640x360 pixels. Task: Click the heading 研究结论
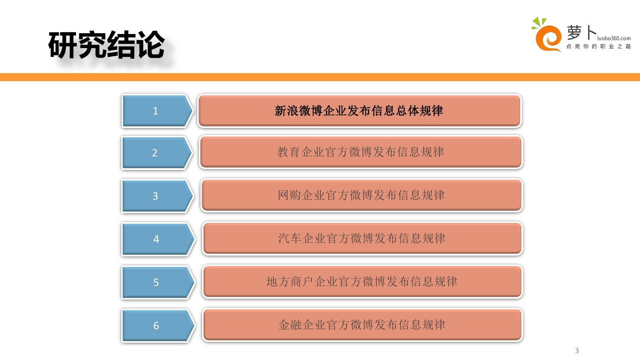click(106, 45)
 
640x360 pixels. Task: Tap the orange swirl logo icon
click(547, 37)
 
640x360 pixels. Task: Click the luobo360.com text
click(614, 38)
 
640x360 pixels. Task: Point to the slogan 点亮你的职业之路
click(598, 46)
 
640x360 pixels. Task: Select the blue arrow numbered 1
click(156, 111)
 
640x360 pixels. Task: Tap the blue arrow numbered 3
click(156, 196)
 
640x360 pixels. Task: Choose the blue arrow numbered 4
click(157, 239)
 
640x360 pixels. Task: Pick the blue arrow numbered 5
click(157, 282)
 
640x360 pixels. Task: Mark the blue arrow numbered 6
click(157, 326)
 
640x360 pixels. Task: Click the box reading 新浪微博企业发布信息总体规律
click(359, 111)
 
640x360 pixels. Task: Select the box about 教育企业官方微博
click(361, 152)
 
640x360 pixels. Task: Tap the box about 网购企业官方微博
click(362, 195)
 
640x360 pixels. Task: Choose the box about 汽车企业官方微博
click(362, 238)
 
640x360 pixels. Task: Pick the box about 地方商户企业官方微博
click(362, 282)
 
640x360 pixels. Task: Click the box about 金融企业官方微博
click(362, 325)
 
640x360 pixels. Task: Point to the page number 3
click(577, 351)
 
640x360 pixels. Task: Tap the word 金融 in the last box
click(290, 325)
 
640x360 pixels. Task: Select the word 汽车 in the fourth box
click(290, 238)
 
